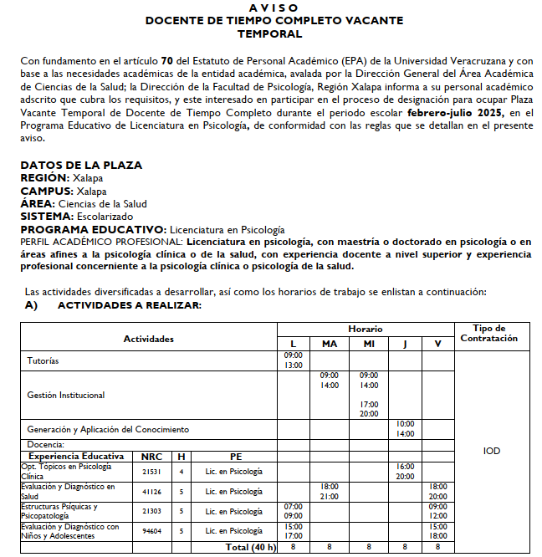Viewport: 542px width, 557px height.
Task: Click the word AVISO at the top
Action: point(273,8)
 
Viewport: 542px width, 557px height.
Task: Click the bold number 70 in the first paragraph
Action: point(166,60)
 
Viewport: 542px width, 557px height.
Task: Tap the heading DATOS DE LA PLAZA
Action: point(81,165)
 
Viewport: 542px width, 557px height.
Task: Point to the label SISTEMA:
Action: point(48,216)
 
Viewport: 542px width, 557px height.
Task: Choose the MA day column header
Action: point(329,344)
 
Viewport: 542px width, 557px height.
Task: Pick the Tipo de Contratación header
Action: point(490,333)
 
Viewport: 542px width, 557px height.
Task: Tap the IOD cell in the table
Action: point(492,451)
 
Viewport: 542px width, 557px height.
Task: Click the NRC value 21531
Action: point(151,472)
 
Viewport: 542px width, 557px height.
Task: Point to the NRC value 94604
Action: point(151,531)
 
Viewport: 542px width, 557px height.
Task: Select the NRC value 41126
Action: point(151,491)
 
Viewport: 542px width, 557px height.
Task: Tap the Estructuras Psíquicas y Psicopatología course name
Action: point(59,511)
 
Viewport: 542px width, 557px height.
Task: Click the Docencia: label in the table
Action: point(46,445)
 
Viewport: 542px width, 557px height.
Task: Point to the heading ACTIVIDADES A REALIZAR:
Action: point(129,306)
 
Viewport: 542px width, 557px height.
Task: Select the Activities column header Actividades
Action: point(148,339)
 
